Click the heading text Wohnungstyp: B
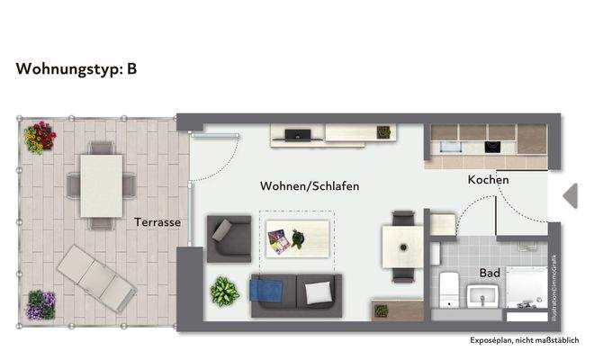(76, 68)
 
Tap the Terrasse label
(158, 221)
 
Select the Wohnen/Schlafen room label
(310, 186)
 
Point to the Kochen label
(488, 180)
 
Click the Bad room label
(490, 272)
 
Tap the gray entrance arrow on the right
(570, 195)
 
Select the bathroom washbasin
(484, 294)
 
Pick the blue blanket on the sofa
(266, 292)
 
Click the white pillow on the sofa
(317, 292)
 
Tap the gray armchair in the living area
(228, 238)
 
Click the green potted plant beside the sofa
(223, 291)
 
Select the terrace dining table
(102, 184)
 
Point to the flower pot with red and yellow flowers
(40, 138)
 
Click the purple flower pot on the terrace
(40, 304)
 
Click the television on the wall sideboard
(298, 136)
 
